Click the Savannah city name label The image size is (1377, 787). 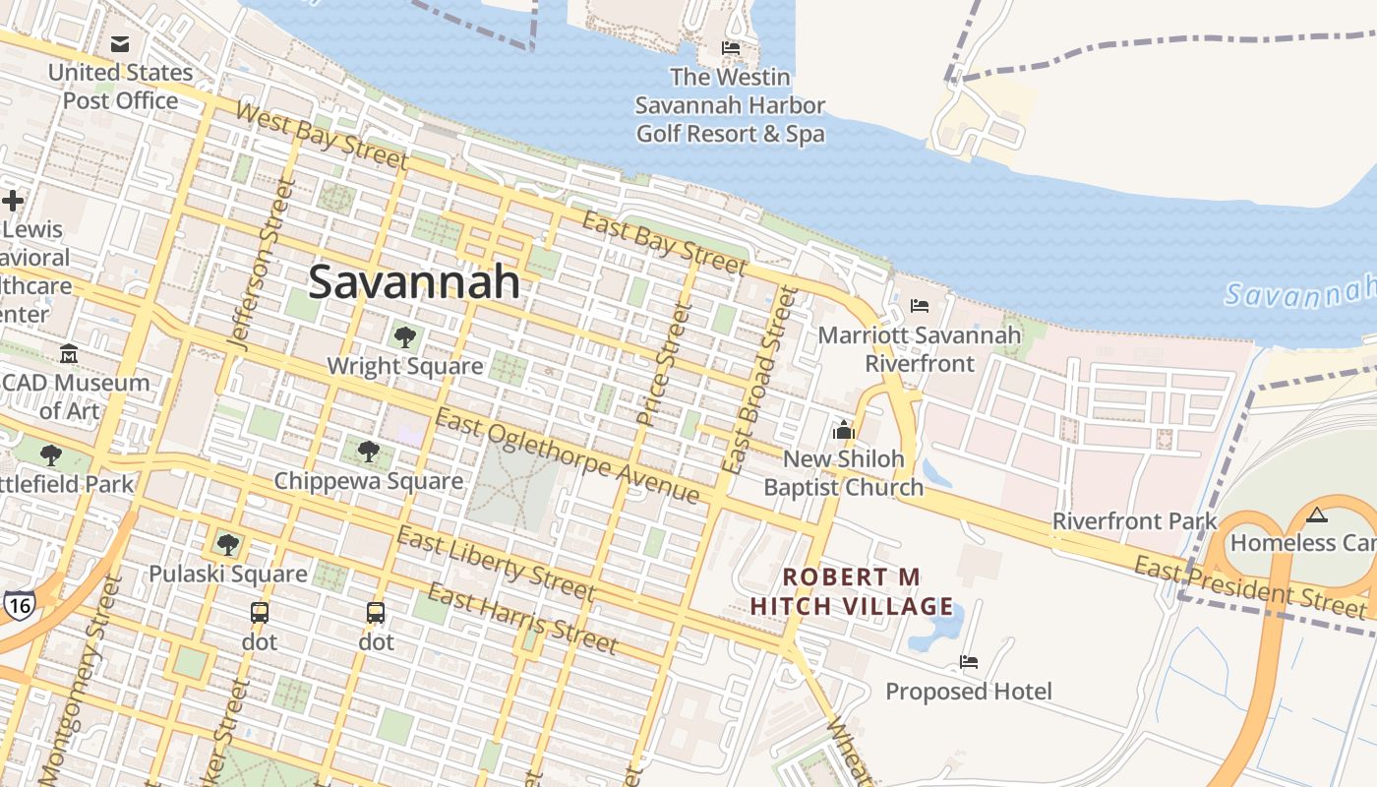tap(414, 282)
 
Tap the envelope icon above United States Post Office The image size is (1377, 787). tap(120, 44)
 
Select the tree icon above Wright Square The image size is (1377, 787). tap(404, 337)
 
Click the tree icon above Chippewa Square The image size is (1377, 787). tap(369, 452)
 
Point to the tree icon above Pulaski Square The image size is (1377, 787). tap(228, 544)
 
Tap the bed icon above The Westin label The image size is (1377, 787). tap(730, 47)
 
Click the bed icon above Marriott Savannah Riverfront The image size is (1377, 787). tap(920, 306)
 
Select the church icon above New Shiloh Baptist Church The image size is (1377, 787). tap(843, 430)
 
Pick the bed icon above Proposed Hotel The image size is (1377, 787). tap(969, 662)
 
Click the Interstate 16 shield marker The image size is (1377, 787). tap(19, 605)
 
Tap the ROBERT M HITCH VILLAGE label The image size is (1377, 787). tap(852, 591)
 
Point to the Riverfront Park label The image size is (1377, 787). tap(1135, 520)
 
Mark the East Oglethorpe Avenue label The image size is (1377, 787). tap(568, 457)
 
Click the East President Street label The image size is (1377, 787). tap(1249, 586)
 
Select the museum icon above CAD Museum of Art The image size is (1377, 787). tap(69, 353)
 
